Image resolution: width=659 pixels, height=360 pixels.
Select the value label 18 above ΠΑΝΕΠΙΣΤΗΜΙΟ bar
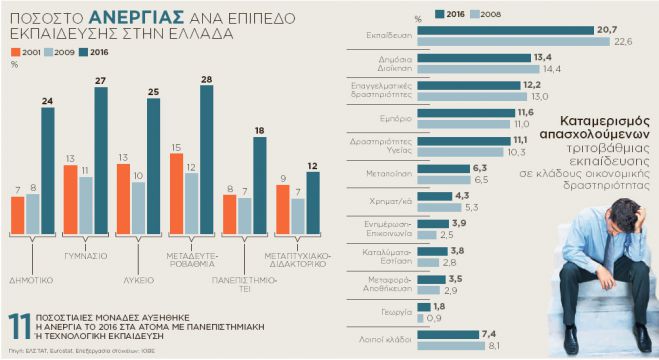(260, 130)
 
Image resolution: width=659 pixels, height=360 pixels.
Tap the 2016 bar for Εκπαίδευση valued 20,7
(500, 31)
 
